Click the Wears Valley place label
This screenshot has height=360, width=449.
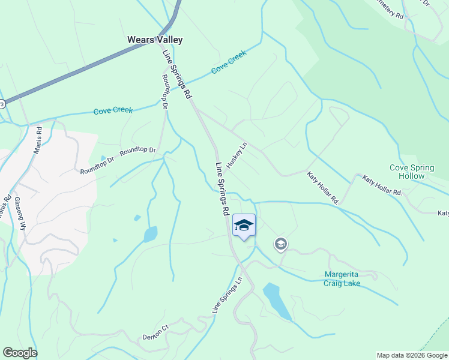pos(154,40)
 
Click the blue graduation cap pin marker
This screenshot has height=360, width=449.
pos(244,226)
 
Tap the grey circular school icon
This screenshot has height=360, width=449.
pos(280,244)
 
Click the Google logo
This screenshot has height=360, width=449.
pos(20,353)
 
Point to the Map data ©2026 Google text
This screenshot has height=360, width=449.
pos(411,355)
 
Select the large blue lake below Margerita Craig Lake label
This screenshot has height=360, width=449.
pos(276,300)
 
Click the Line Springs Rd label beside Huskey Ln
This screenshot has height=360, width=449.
pos(222,189)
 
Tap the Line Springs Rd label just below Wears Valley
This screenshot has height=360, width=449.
pos(177,74)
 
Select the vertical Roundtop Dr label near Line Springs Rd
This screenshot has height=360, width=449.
pos(163,92)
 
